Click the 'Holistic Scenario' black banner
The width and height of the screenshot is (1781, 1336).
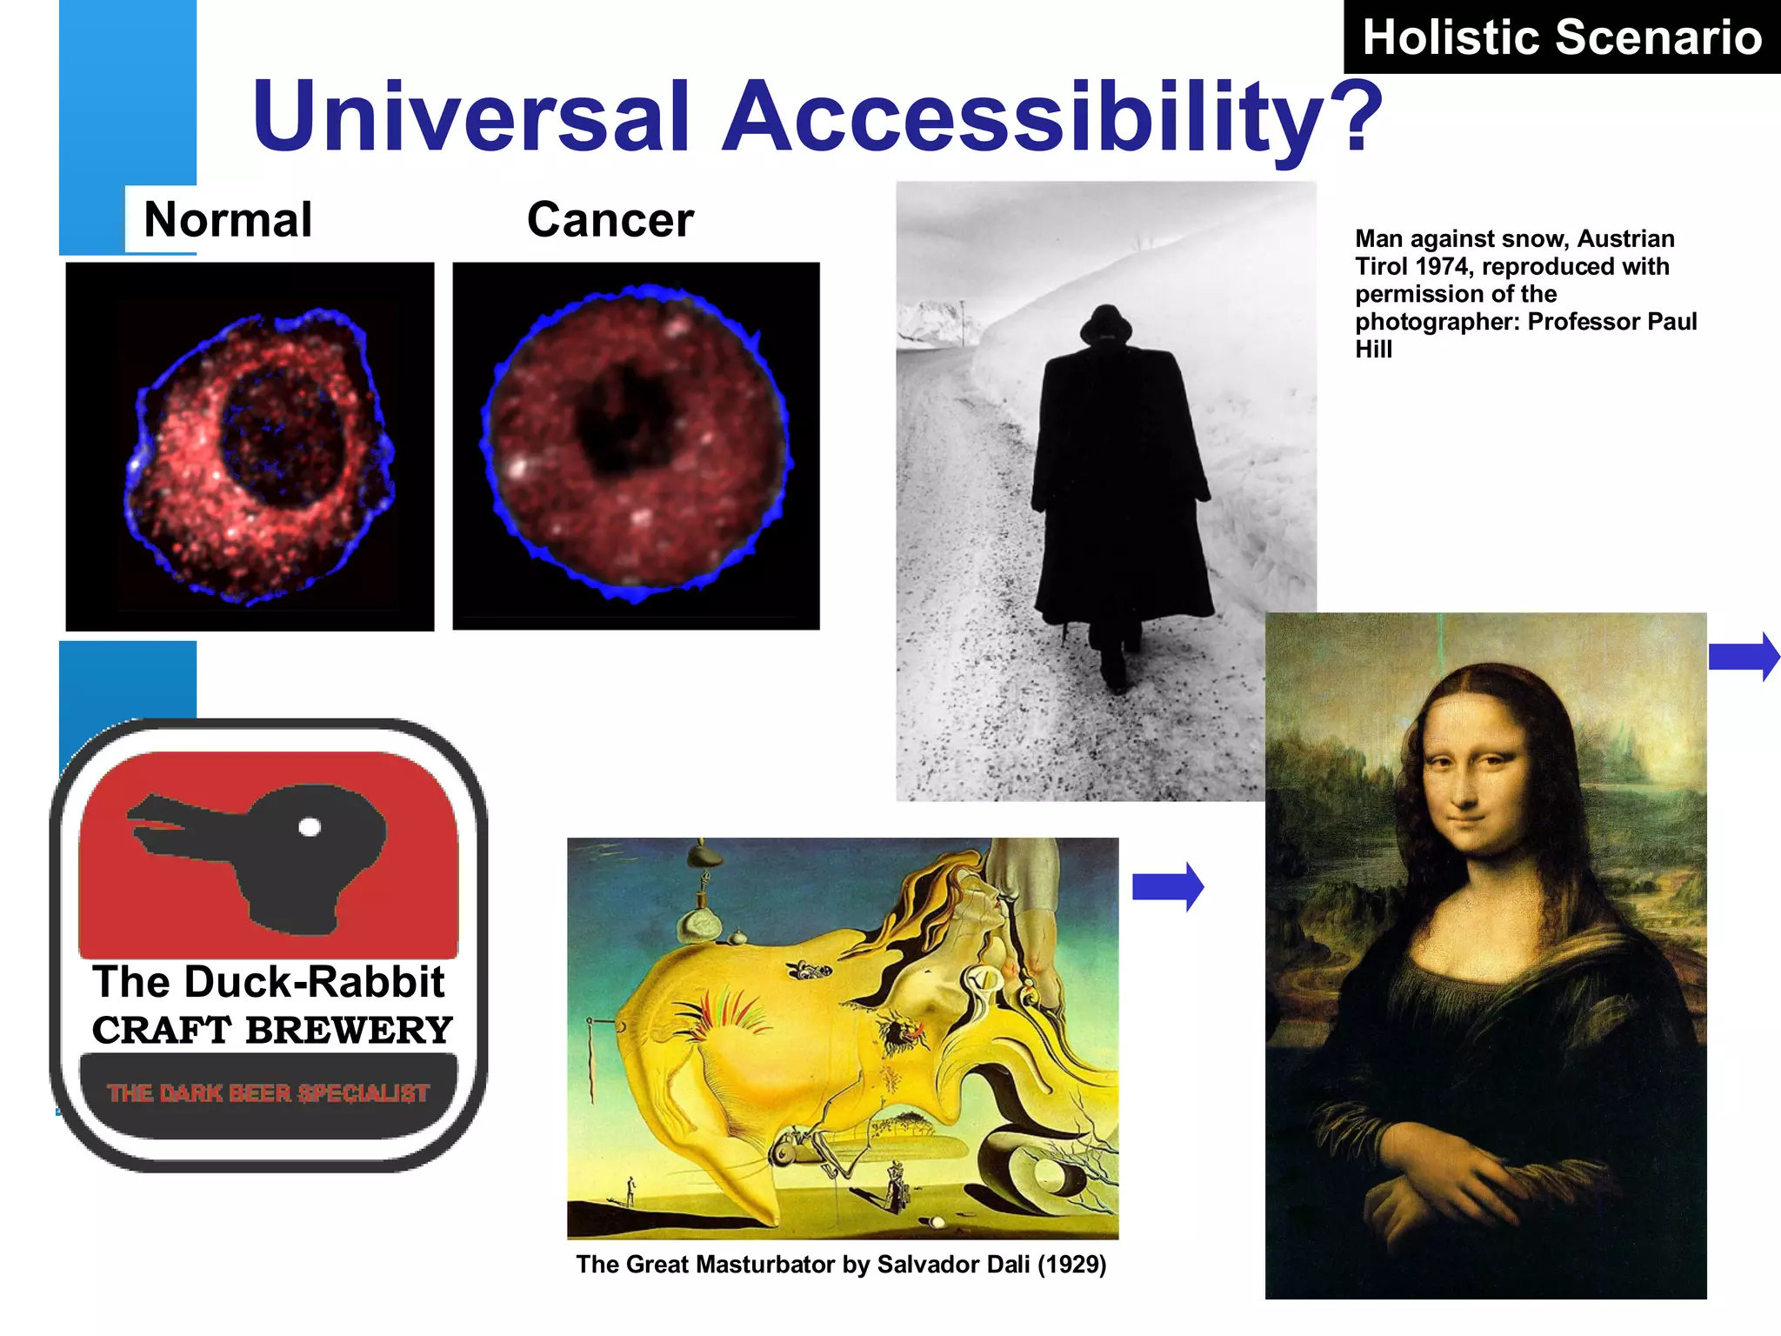[1561, 37]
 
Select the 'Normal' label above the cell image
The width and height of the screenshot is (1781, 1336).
[228, 219]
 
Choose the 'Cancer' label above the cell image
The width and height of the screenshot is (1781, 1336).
[610, 219]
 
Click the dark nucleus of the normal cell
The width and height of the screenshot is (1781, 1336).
[280, 435]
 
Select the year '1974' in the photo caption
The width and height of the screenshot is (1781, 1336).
[1446, 266]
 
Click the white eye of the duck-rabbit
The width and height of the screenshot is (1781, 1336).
[310, 826]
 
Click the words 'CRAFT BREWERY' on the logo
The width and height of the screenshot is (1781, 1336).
[271, 1031]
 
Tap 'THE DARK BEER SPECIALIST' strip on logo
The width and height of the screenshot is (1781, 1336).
[268, 1093]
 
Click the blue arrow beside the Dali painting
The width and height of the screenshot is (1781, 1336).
[1168, 887]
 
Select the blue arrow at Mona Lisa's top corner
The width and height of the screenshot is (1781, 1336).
[1743, 657]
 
